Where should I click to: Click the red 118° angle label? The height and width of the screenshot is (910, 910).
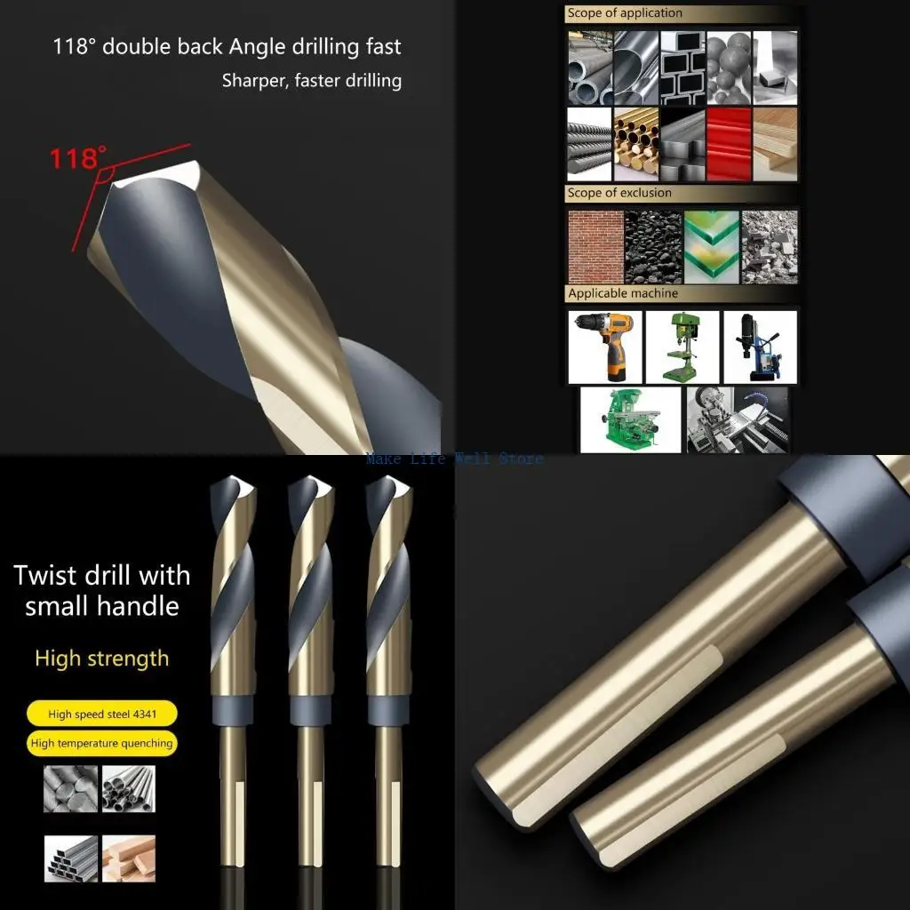click(x=76, y=159)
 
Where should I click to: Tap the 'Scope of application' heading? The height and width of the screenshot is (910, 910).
click(x=625, y=13)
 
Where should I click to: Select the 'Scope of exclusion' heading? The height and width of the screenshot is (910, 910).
click(x=619, y=193)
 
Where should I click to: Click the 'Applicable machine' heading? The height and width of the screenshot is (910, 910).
click(x=622, y=293)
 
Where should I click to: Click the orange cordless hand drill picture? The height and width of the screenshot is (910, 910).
click(x=604, y=346)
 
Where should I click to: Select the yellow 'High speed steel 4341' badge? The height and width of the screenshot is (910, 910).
click(x=100, y=714)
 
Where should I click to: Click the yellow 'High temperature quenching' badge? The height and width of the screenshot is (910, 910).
click(x=102, y=743)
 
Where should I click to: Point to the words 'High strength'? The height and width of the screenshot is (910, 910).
click(x=101, y=659)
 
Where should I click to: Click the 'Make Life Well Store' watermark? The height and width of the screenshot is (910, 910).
click(x=454, y=459)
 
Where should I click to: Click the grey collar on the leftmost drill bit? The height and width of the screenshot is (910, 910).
click(x=232, y=713)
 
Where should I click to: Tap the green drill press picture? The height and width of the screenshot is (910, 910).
click(x=682, y=346)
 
